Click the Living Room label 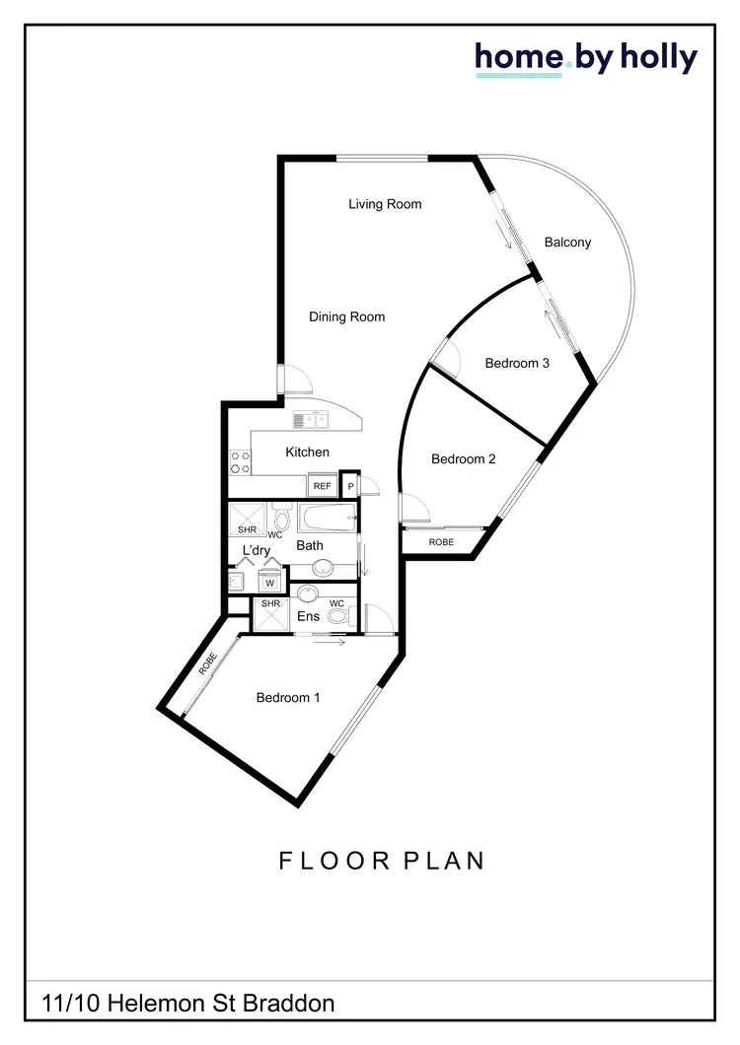(385, 204)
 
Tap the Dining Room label (346, 316)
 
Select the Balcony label (567, 242)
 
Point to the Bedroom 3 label (517, 363)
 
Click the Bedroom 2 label (464, 458)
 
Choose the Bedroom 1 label (288, 697)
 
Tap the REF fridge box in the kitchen (322, 486)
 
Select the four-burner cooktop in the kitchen (240, 462)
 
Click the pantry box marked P (349, 486)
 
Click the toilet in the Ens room (337, 617)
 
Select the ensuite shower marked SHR (269, 615)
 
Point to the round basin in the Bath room (323, 568)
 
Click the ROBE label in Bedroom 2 (442, 542)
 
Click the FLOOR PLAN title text (382, 860)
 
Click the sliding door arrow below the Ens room (330, 643)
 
